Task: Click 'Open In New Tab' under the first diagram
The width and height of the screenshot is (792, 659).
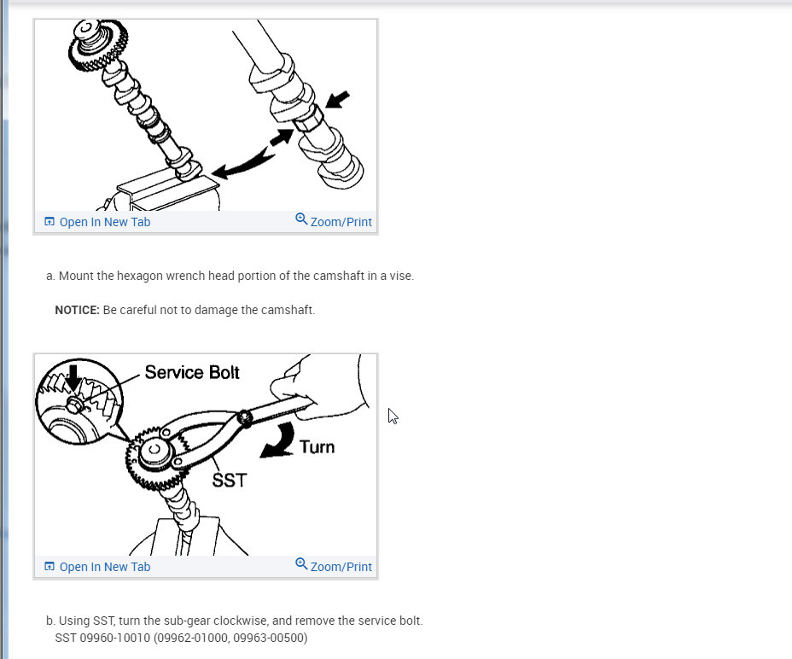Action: click(105, 222)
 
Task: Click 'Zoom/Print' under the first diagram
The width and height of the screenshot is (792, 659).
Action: click(341, 222)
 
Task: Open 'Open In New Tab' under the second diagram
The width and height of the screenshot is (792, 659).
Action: click(105, 567)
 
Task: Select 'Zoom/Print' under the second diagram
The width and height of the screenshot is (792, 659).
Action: click(341, 567)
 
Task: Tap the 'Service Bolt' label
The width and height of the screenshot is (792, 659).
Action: click(192, 372)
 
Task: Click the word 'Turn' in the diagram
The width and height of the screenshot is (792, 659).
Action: click(317, 447)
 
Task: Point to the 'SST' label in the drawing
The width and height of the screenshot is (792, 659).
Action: click(230, 480)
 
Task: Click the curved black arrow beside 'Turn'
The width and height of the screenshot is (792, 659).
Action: click(279, 441)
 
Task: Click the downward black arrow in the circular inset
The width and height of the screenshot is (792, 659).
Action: click(73, 377)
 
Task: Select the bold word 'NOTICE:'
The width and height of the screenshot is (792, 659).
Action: click(78, 310)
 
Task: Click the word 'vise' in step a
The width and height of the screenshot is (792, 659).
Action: click(402, 276)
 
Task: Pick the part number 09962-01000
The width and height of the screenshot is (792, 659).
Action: click(192, 638)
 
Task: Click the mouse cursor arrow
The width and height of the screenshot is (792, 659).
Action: click(393, 416)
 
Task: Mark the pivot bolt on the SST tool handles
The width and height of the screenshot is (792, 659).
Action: click(246, 418)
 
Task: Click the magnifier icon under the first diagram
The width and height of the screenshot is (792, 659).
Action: click(301, 219)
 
